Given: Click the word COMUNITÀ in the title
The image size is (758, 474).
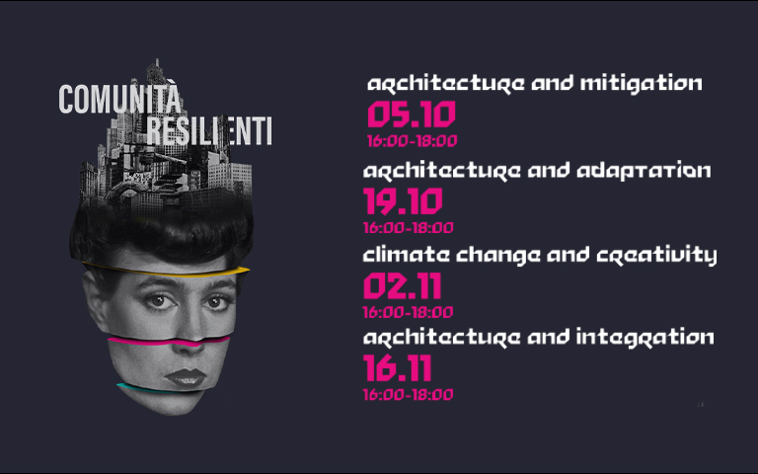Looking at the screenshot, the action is coord(119,99).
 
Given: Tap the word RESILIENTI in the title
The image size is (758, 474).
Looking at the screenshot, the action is coord(209,130).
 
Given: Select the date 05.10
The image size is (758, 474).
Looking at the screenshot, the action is coord(412,116).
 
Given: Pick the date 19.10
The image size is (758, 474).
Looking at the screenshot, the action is coord(403,201).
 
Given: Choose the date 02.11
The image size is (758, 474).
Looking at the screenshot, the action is coord(403,285).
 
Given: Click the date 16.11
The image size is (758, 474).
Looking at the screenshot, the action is coord(398,368).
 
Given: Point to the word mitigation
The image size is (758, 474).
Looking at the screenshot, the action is coord(641,84).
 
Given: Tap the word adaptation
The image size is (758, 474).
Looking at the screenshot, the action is coord(644,171).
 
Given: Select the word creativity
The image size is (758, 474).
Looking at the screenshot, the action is coord(656,256).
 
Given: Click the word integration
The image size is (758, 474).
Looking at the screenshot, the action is coord(644,337).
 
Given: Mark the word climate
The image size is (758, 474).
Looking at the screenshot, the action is coord(406,255).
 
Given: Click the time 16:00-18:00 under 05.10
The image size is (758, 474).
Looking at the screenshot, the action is coord(412,141).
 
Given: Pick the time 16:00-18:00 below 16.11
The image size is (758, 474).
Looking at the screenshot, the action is coord(408,395).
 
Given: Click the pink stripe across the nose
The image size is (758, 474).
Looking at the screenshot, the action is coord(168,342).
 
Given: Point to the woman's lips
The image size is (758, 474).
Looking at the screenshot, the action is coord(187,377).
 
